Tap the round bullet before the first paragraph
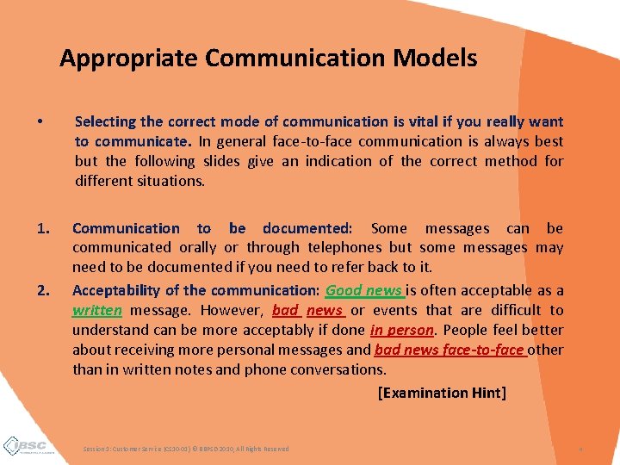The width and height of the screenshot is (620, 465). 41,122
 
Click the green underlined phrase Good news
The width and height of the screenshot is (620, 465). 363,290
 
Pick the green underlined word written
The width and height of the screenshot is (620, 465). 97,310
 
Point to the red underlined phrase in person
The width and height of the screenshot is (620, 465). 401,330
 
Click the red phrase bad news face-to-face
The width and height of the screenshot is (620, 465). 449,350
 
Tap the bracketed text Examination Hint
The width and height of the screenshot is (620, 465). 442,393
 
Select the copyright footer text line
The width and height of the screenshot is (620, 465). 186,449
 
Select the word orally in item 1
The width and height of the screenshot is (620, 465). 199,248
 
